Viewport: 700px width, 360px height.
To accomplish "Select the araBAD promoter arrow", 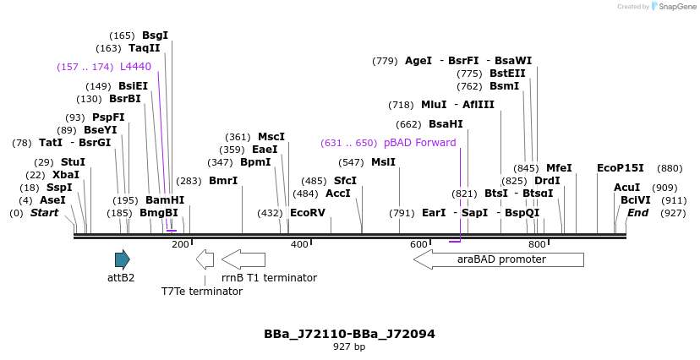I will [x=499, y=259].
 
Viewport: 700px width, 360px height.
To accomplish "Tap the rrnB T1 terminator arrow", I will [x=243, y=259].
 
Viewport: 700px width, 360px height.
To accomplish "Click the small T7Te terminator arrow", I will [x=205, y=259].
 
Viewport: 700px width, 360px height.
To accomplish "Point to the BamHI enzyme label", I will [x=164, y=200].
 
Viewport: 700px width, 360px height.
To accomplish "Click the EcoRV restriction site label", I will [x=307, y=213].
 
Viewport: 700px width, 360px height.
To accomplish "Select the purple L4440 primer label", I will [x=135, y=67].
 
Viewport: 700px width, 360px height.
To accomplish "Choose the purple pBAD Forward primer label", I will [x=419, y=143].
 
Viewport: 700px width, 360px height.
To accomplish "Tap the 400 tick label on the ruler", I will [x=299, y=244].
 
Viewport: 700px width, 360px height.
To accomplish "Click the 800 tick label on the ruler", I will [x=537, y=244].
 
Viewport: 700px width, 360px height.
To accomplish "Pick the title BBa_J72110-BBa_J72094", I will [x=349, y=334].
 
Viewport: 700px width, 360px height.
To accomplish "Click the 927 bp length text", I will [x=349, y=347].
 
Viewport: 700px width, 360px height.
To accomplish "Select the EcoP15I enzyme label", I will [x=620, y=168].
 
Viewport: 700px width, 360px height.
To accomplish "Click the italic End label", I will [x=637, y=213].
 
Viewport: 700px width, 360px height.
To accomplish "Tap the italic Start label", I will [x=44, y=213].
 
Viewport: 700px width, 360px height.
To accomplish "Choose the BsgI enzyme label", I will [x=155, y=35].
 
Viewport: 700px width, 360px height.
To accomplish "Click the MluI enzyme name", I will [x=434, y=105].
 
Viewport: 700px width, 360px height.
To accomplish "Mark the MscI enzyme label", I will [x=271, y=137].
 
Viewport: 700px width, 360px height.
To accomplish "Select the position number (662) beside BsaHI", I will [x=408, y=124].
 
